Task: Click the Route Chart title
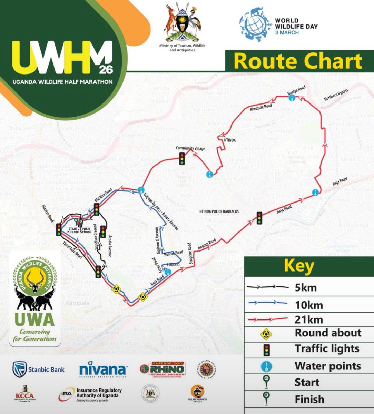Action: click(x=298, y=61)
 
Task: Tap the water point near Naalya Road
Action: click(x=292, y=98)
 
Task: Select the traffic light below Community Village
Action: click(x=182, y=159)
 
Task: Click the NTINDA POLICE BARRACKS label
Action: click(x=219, y=211)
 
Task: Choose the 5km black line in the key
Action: click(x=267, y=287)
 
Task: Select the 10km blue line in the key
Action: click(x=267, y=303)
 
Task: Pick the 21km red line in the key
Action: click(x=267, y=319)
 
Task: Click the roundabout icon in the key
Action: click(x=266, y=334)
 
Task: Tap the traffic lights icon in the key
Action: click(x=266, y=350)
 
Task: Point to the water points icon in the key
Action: click(x=266, y=366)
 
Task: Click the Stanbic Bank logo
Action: click(x=38, y=369)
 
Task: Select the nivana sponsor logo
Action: click(x=102, y=369)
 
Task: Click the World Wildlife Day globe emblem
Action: click(x=255, y=26)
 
